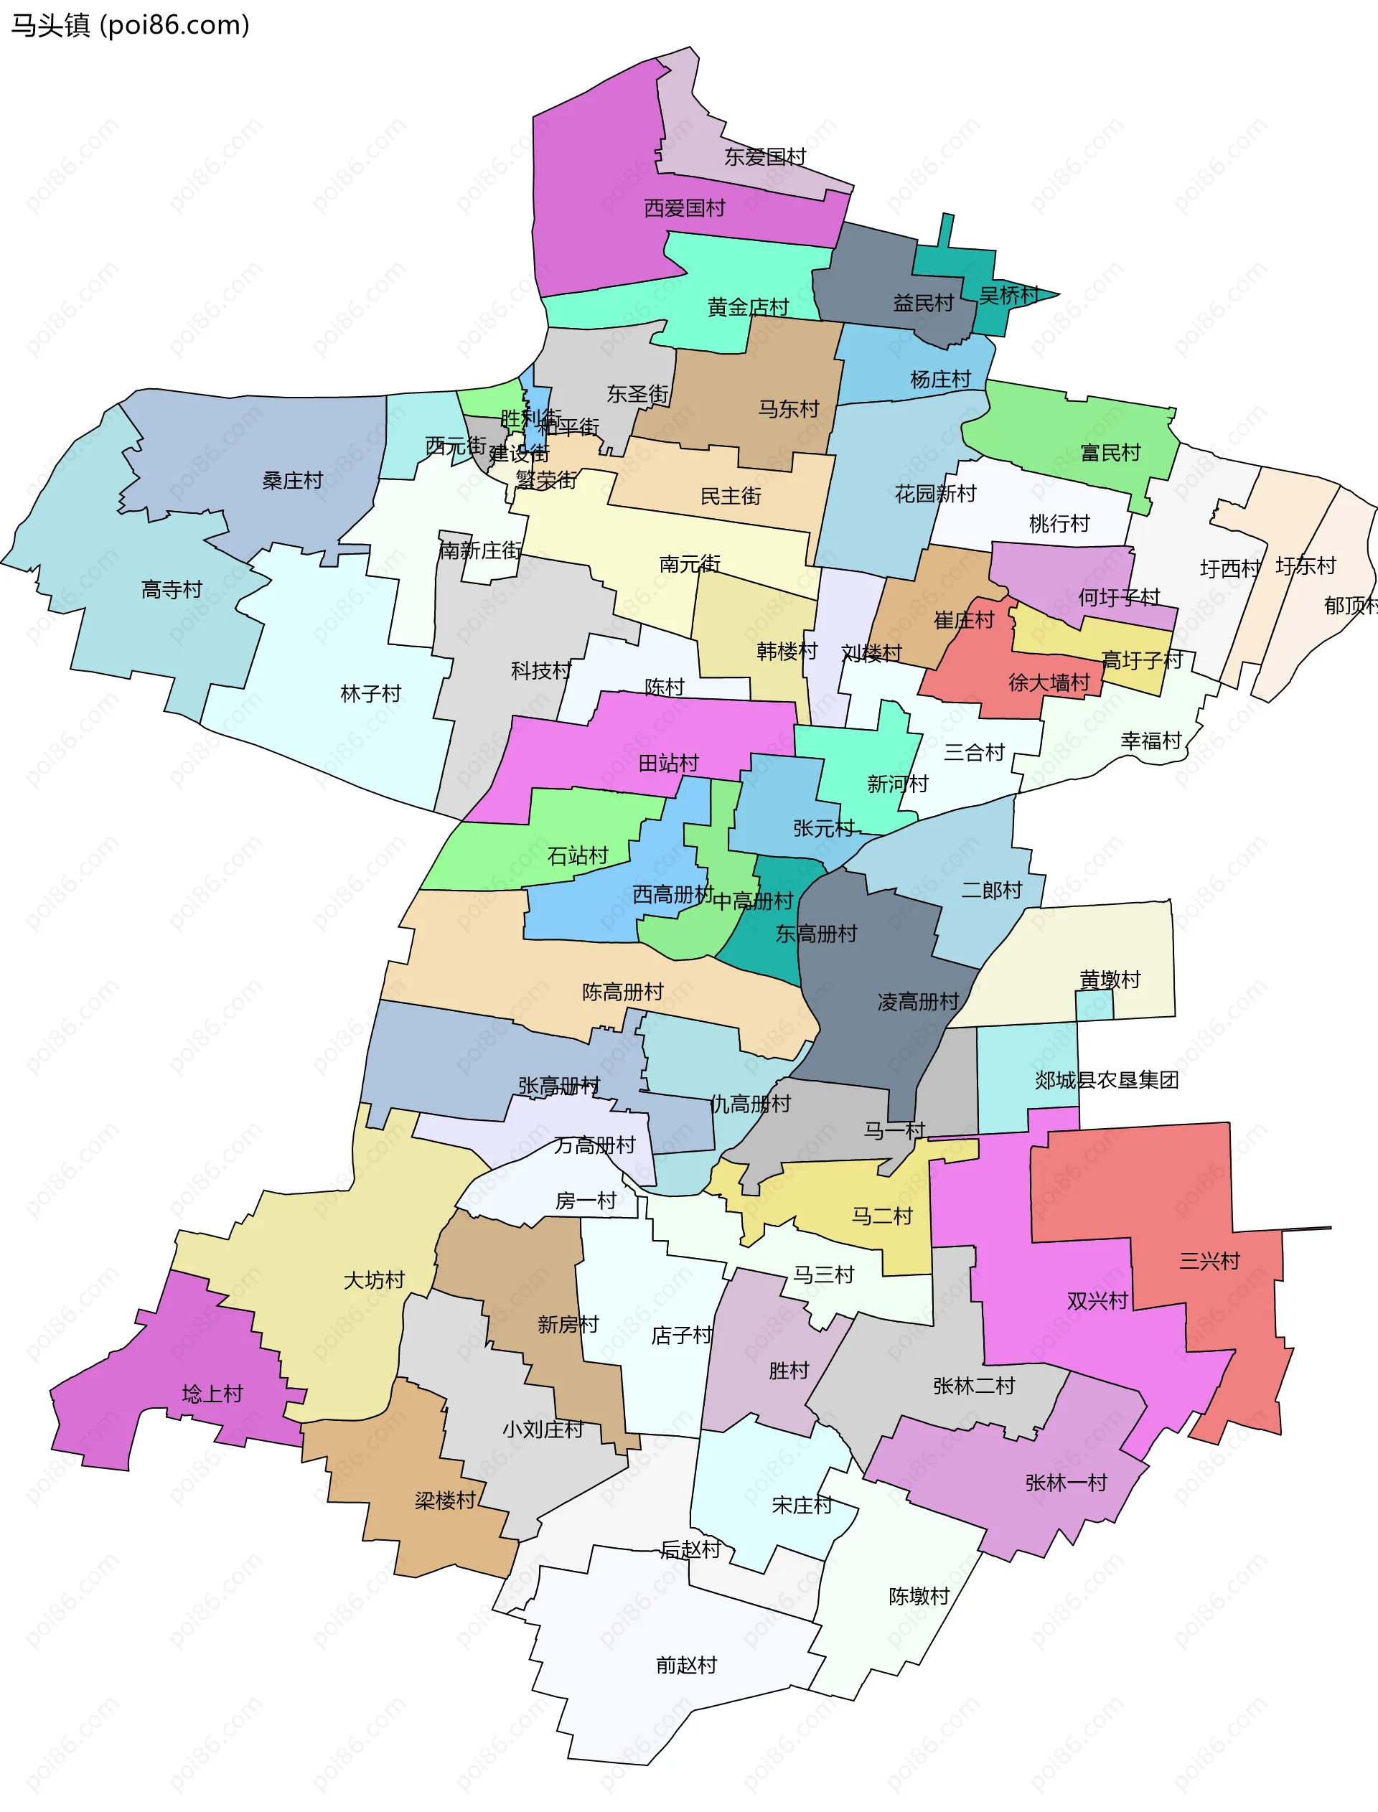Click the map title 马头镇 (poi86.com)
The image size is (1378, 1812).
[130, 25]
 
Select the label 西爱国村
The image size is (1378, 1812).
[684, 207]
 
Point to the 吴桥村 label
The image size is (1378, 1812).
[1008, 294]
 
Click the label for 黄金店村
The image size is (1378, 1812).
[747, 306]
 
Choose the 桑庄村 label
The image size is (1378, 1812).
[292, 481]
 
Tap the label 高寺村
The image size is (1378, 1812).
[172, 588]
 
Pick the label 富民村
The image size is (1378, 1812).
[1110, 452]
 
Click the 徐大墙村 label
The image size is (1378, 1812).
[1049, 682]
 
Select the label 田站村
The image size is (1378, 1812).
[667, 764]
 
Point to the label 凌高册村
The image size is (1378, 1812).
[917, 1001]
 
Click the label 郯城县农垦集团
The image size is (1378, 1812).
[1106, 1080]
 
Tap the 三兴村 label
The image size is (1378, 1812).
[1209, 1260]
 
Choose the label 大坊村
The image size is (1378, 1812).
[373, 1279]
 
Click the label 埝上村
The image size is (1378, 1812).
[212, 1393]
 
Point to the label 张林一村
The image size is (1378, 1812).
[1066, 1483]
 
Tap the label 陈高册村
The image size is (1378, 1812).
[622, 991]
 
